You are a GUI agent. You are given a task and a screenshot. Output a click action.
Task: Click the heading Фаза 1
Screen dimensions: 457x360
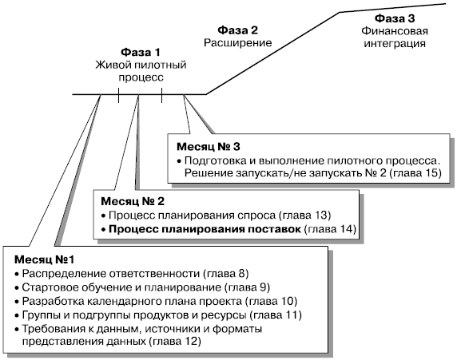click(141, 53)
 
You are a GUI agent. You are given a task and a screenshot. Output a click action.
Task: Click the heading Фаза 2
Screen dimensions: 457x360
click(238, 30)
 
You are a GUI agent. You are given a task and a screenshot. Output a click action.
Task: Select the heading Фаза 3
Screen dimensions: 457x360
click(395, 18)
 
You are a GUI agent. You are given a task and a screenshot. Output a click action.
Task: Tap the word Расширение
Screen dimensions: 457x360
click(238, 43)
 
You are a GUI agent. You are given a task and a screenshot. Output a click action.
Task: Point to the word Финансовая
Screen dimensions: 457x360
click(395, 31)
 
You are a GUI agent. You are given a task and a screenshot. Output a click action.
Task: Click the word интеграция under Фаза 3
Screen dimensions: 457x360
click(395, 44)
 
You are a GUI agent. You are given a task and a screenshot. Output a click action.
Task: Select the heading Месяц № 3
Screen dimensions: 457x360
click(209, 147)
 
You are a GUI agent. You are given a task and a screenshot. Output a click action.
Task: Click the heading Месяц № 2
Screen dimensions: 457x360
click(133, 201)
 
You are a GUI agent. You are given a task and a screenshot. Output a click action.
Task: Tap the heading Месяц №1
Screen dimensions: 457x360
click(44, 259)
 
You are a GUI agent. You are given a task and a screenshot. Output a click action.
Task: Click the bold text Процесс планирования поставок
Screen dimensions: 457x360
click(205, 230)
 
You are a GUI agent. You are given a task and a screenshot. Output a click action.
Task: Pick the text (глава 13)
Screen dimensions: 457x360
click(305, 216)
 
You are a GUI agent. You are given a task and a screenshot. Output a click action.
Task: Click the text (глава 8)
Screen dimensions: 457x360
click(225, 274)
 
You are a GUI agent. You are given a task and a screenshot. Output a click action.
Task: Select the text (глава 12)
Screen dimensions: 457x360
click(175, 342)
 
